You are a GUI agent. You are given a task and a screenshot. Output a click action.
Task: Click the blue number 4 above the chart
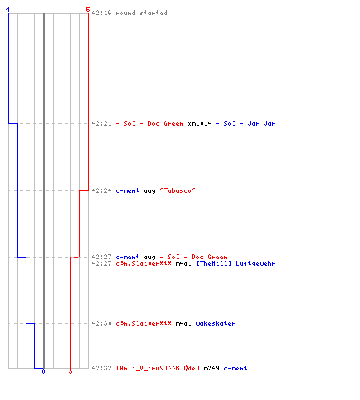(x=8, y=10)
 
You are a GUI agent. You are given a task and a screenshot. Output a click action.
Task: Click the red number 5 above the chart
(x=88, y=10)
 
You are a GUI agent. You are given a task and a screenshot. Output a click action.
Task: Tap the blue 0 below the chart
(x=43, y=371)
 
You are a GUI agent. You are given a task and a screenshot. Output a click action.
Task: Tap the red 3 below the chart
(x=70, y=371)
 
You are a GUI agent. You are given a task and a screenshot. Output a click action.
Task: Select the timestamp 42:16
(x=102, y=13)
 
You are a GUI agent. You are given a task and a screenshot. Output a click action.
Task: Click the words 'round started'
(x=142, y=13)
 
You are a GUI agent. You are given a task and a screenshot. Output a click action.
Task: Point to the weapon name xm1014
(x=199, y=123)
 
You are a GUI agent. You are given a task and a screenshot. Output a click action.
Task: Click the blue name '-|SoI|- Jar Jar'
(x=246, y=123)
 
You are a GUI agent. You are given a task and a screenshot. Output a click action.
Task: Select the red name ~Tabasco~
(x=178, y=190)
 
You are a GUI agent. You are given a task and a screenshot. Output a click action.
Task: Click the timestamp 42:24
(x=102, y=190)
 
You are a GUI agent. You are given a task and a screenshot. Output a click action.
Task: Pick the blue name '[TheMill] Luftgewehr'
(x=236, y=263)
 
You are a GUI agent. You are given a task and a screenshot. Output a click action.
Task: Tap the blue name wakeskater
(x=215, y=323)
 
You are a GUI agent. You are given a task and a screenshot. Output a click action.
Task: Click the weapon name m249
(x=211, y=368)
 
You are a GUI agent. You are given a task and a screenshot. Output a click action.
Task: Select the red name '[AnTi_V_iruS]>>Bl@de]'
(x=158, y=368)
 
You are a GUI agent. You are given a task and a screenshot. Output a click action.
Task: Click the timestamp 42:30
(x=102, y=323)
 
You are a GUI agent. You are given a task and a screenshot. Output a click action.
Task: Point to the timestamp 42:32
(x=102, y=368)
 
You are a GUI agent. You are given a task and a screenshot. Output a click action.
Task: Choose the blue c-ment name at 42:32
(x=235, y=368)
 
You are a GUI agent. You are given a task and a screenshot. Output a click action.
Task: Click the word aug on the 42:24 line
(x=150, y=191)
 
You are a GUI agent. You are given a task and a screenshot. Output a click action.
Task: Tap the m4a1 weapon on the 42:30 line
(x=183, y=323)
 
